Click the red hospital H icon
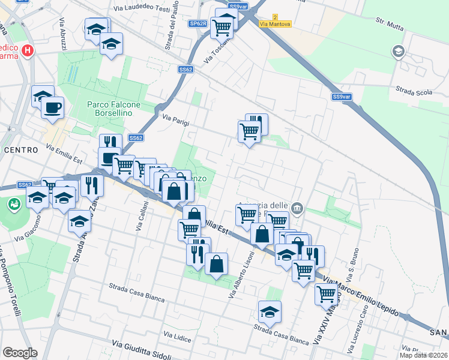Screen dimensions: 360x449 pos(27,50)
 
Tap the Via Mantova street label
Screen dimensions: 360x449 pos(276,24)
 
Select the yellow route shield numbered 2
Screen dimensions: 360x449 pos(275,17)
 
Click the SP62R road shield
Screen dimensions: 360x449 pos(197,23)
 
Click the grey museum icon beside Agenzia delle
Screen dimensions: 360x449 pos(297,208)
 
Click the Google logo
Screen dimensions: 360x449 pos(20,352)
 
